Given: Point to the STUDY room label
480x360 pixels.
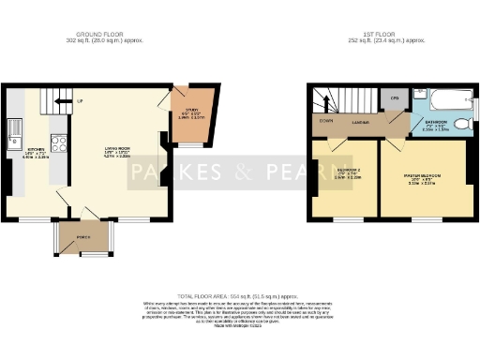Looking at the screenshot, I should (184, 114).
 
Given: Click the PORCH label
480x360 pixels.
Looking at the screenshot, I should (83, 236).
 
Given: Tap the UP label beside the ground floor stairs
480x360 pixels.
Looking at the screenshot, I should (81, 99).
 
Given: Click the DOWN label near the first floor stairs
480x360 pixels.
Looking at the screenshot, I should (324, 120).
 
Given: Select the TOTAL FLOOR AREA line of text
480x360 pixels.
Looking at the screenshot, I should (240, 294).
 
